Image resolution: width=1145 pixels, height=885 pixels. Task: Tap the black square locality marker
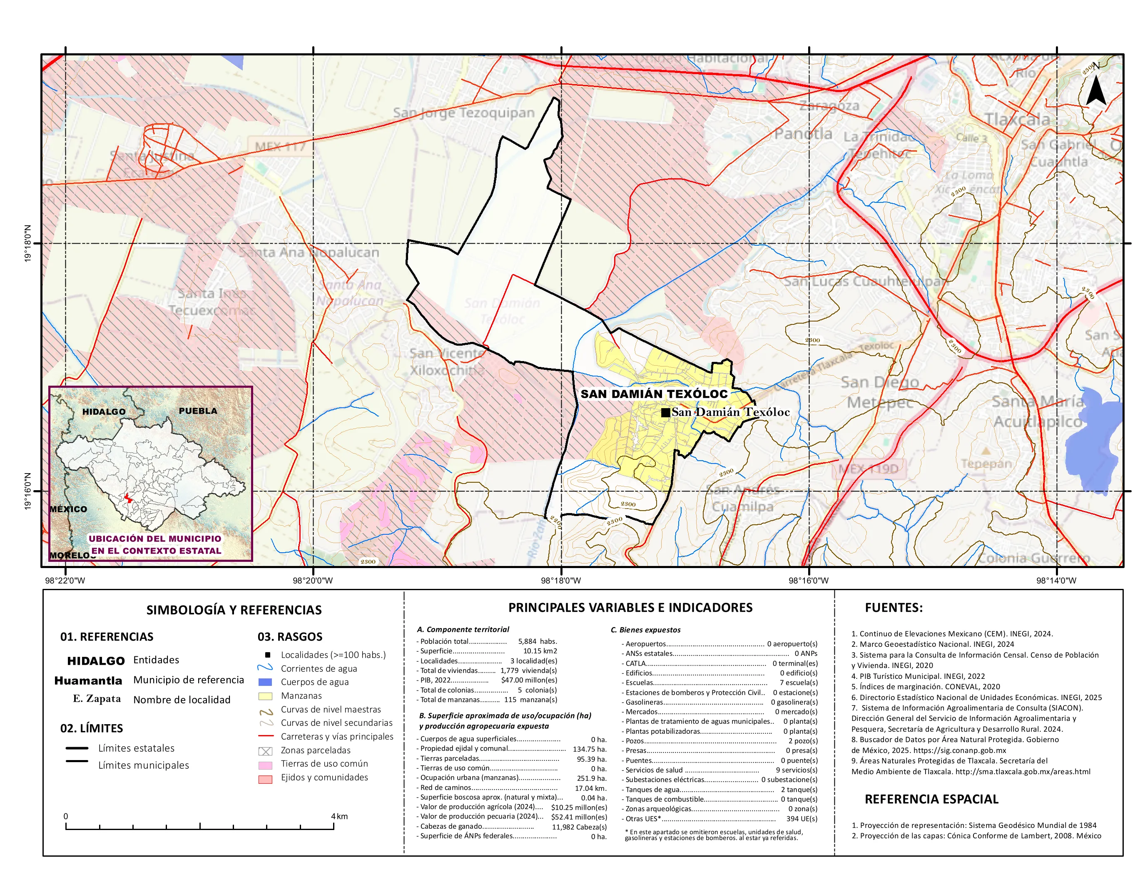click(665, 413)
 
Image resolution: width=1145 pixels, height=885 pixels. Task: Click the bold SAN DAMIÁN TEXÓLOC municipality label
click(654, 394)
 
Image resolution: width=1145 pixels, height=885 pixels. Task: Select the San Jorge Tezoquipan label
click(463, 113)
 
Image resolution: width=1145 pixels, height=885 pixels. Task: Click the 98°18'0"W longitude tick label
click(561, 581)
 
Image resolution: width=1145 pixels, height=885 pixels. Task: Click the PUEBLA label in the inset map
click(198, 411)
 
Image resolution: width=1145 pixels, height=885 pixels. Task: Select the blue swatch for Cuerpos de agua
click(265, 682)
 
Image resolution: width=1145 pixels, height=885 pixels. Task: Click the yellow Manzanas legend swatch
click(265, 696)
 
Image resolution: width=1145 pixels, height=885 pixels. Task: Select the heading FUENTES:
click(894, 608)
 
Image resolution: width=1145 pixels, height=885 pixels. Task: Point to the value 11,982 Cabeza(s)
click(579, 827)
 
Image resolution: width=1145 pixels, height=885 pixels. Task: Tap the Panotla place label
click(803, 134)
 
